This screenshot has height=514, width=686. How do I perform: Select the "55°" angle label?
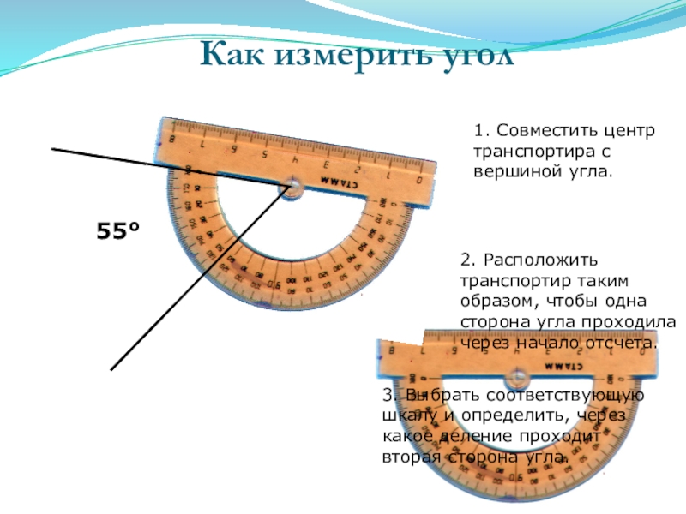pyautogui.click(x=117, y=231)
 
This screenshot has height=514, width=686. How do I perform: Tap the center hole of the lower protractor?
pyautogui.click(x=517, y=376)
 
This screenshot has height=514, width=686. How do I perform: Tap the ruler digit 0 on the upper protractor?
pyautogui.click(x=418, y=181)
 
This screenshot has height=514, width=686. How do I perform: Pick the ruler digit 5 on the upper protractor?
pyautogui.click(x=264, y=154)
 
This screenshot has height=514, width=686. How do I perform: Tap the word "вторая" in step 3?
pyautogui.click(x=411, y=456)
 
